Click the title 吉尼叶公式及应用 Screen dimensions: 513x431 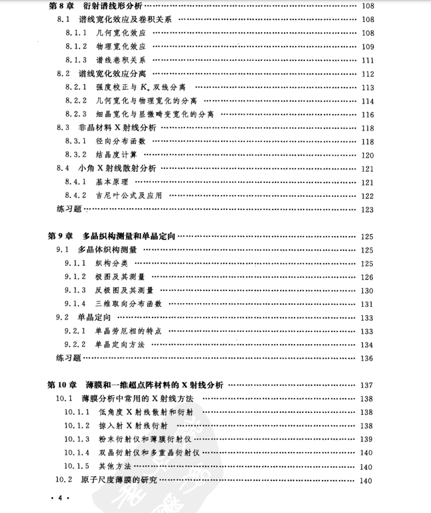(x=129, y=196)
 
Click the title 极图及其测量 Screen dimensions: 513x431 (x=120, y=277)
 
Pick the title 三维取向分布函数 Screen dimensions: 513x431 (x=129, y=304)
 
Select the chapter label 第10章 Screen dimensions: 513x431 (x=61, y=385)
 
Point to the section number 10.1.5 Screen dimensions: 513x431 (x=80, y=466)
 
